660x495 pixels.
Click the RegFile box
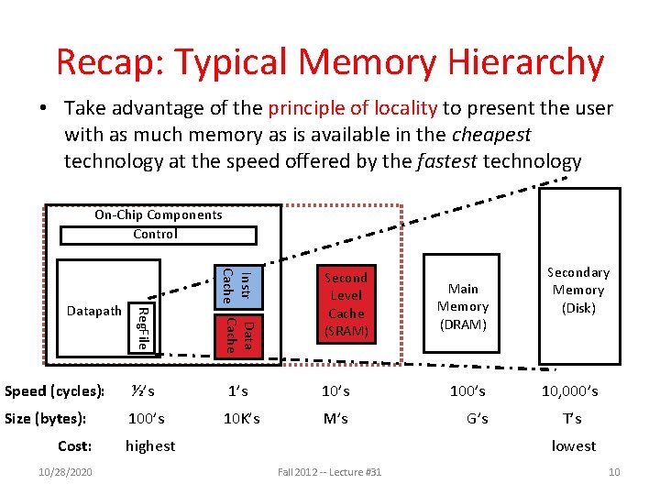click(x=141, y=328)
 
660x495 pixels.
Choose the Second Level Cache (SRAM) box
click(x=346, y=303)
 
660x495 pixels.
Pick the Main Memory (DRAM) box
click(x=463, y=307)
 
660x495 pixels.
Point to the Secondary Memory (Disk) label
click(x=578, y=290)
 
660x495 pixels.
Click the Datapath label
click(x=94, y=311)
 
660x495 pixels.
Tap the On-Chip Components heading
click(x=159, y=214)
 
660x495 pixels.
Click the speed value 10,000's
click(x=570, y=391)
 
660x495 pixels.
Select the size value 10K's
click(x=242, y=419)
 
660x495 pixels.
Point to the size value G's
click(x=477, y=419)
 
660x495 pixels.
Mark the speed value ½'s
click(x=142, y=391)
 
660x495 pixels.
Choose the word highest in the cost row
click(x=150, y=446)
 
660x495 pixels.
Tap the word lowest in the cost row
click(x=573, y=446)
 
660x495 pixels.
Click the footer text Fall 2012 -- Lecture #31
click(x=329, y=472)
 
